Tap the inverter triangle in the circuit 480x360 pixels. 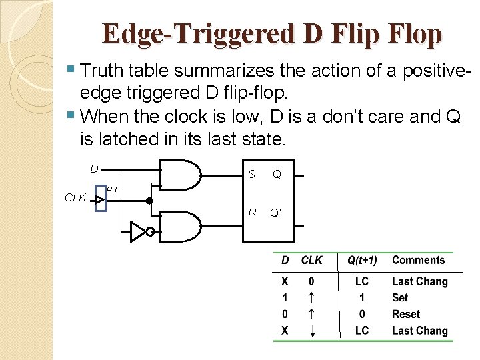click(x=138, y=232)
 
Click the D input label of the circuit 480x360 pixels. click(x=95, y=169)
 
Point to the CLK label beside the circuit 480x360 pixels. click(x=75, y=197)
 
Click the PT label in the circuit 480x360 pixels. click(x=112, y=191)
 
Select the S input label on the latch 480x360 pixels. click(x=251, y=175)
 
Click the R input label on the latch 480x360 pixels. click(x=252, y=213)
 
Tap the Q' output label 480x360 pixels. click(x=276, y=213)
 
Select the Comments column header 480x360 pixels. click(x=418, y=260)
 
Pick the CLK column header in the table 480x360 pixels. click(x=311, y=261)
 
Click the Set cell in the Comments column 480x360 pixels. click(x=400, y=298)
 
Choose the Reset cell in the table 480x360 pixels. click(x=406, y=314)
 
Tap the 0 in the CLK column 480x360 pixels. click(x=311, y=281)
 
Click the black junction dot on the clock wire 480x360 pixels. click(x=150, y=200)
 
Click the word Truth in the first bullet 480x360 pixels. click(x=100, y=70)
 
